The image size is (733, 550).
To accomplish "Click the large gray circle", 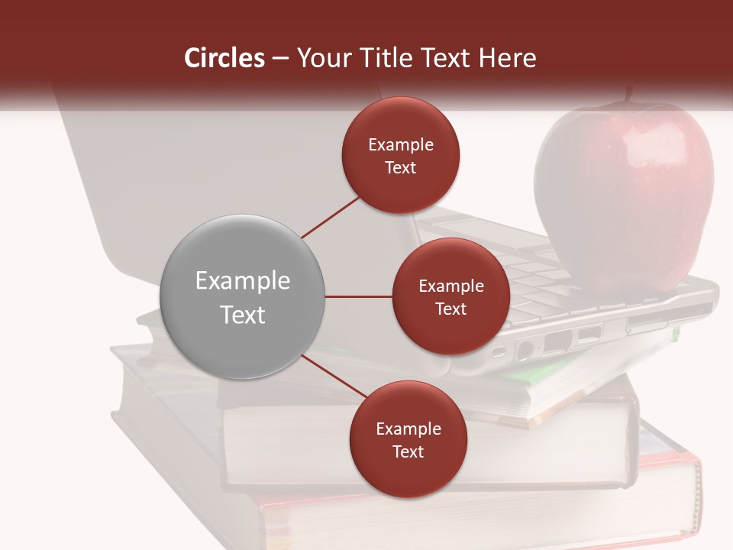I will [x=242, y=297].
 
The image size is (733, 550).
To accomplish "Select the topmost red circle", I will [x=400, y=155].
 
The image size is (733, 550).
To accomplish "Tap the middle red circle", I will [x=450, y=297].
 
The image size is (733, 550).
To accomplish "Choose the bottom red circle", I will [x=408, y=439].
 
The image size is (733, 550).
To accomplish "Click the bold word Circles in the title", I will [x=224, y=58].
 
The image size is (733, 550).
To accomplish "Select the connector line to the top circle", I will [x=331, y=217].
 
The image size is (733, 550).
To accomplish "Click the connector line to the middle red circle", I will [x=359, y=296].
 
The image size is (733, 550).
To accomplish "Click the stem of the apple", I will [x=630, y=95].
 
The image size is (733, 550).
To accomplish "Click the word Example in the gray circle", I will [x=242, y=281].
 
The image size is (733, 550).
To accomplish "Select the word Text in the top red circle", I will [x=400, y=168].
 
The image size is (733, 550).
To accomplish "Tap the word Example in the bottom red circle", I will [x=408, y=429].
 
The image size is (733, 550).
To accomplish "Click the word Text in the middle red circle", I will [x=450, y=309].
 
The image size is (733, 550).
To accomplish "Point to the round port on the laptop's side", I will [x=525, y=350].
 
